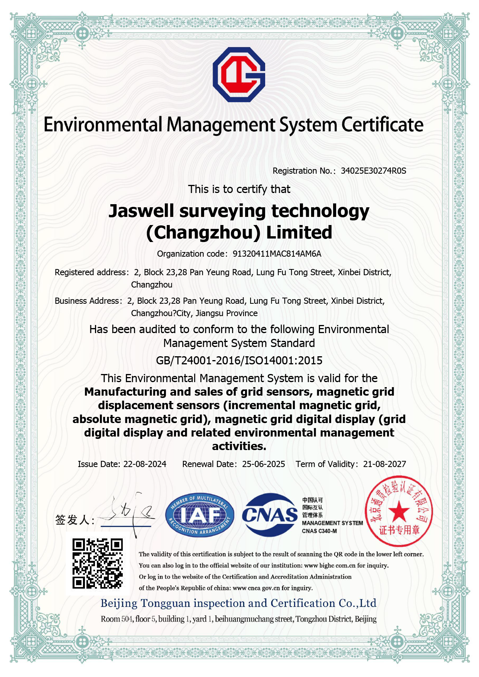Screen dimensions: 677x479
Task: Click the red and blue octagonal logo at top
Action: click(x=239, y=74)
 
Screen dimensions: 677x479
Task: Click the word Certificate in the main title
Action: click(x=382, y=125)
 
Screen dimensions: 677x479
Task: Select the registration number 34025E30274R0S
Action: click(x=373, y=171)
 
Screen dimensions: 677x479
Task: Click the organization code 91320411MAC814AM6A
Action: click(x=277, y=254)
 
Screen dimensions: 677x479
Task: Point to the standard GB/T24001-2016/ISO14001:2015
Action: click(x=239, y=361)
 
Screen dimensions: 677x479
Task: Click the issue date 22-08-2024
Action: click(x=145, y=464)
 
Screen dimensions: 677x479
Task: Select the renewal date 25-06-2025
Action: click(x=263, y=464)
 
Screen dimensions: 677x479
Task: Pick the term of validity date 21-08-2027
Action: click(x=384, y=464)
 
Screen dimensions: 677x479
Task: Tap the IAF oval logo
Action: click(x=200, y=515)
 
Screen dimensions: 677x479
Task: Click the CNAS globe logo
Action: click(x=270, y=515)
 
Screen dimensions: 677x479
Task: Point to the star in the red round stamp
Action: click(x=399, y=513)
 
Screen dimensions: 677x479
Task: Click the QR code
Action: click(x=98, y=564)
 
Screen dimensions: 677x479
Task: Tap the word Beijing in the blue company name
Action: click(x=119, y=603)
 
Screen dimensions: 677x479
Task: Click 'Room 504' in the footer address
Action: click(x=116, y=619)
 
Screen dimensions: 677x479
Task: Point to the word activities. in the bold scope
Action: click(x=239, y=447)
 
